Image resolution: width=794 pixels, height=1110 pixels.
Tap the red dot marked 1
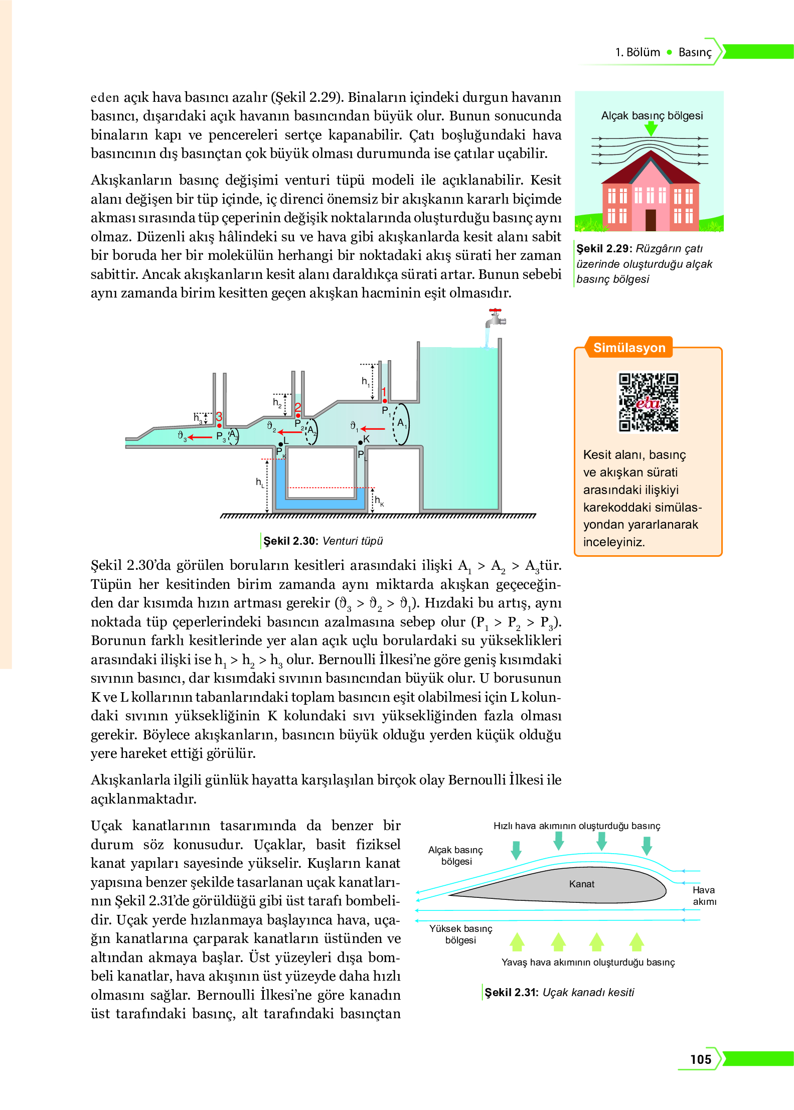(385, 401)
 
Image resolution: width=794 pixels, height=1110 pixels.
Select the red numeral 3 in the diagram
(219, 416)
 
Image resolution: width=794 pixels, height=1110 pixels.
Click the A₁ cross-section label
(402, 423)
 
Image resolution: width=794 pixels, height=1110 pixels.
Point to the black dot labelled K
(360, 442)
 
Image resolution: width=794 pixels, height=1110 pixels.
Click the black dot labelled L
(281, 444)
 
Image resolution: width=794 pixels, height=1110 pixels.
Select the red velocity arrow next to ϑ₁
(373, 429)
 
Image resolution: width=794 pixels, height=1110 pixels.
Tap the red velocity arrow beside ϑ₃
(200, 437)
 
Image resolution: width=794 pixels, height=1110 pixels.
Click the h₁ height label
(366, 381)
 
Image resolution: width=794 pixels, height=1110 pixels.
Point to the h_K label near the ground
(379, 501)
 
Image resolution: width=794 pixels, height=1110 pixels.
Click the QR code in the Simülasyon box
(648, 402)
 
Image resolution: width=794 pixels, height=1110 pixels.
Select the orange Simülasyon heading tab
(629, 348)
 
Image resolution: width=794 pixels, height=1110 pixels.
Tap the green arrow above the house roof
(651, 129)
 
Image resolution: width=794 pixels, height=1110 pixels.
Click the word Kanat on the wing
(581, 884)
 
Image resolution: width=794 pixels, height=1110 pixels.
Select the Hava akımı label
(704, 895)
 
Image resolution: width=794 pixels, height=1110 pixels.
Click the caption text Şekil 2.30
(290, 541)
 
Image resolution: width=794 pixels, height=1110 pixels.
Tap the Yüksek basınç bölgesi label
(460, 934)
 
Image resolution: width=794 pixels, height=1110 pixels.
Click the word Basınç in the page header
(694, 52)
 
